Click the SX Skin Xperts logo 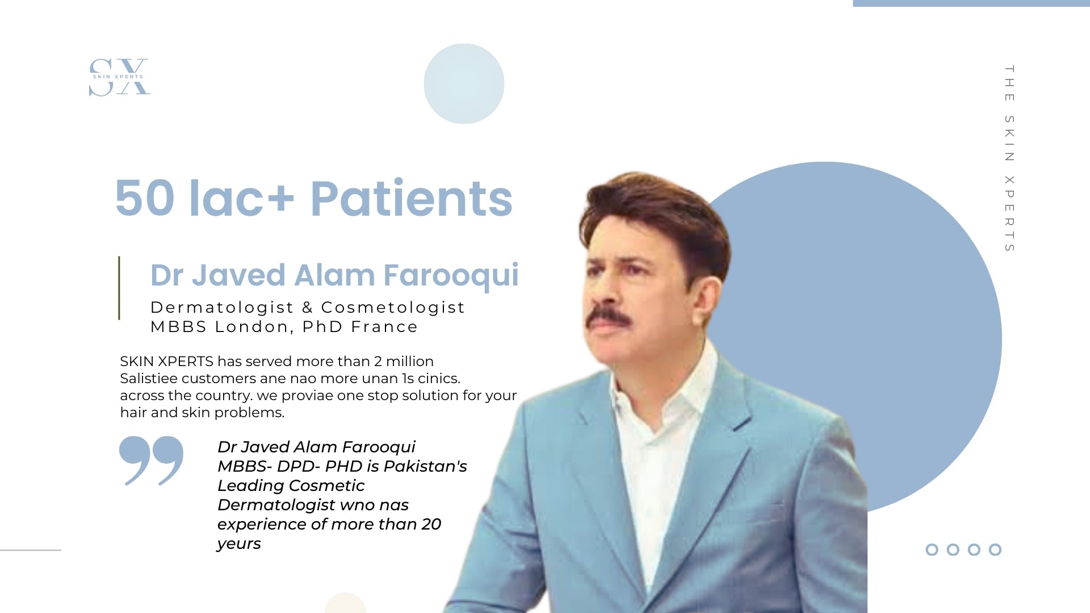pyautogui.click(x=119, y=77)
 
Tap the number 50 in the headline pyautogui.click(x=145, y=198)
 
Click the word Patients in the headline pyautogui.click(x=411, y=198)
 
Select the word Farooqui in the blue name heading pyautogui.click(x=451, y=275)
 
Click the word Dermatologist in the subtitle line pyautogui.click(x=222, y=308)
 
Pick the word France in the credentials pyautogui.click(x=384, y=327)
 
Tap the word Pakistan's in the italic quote pyautogui.click(x=425, y=466)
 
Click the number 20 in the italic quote pyautogui.click(x=431, y=524)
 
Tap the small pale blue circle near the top pyautogui.click(x=464, y=83)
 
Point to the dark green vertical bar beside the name pyautogui.click(x=119, y=288)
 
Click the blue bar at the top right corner pyautogui.click(x=971, y=3)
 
